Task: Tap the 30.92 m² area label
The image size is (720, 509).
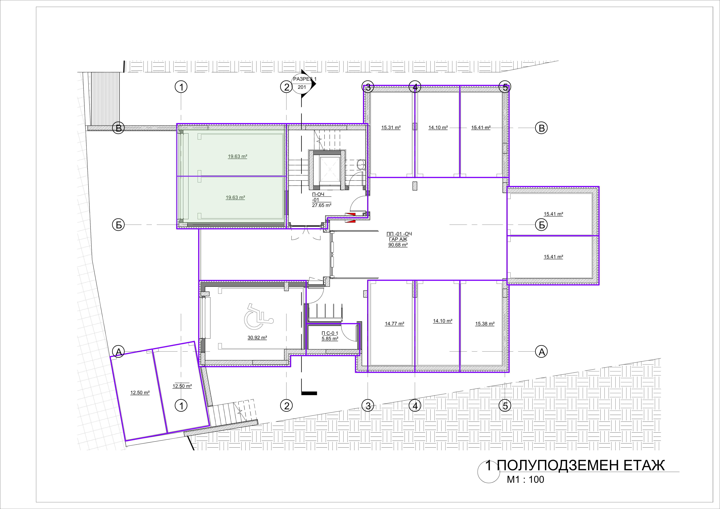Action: (257, 338)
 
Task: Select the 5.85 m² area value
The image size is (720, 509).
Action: (330, 339)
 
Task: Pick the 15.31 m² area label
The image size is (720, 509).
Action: (391, 128)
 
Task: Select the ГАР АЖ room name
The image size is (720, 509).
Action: (398, 239)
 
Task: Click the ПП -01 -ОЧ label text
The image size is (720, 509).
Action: (399, 234)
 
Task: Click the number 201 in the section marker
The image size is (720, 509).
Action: (302, 87)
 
